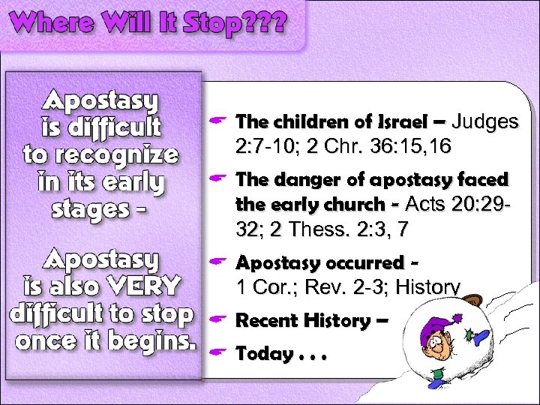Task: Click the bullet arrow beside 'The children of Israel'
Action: (219, 121)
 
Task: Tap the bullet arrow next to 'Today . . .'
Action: (219, 351)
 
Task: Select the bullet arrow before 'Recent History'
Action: (219, 320)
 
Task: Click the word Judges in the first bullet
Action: (486, 121)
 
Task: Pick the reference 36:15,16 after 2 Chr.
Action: (406, 147)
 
